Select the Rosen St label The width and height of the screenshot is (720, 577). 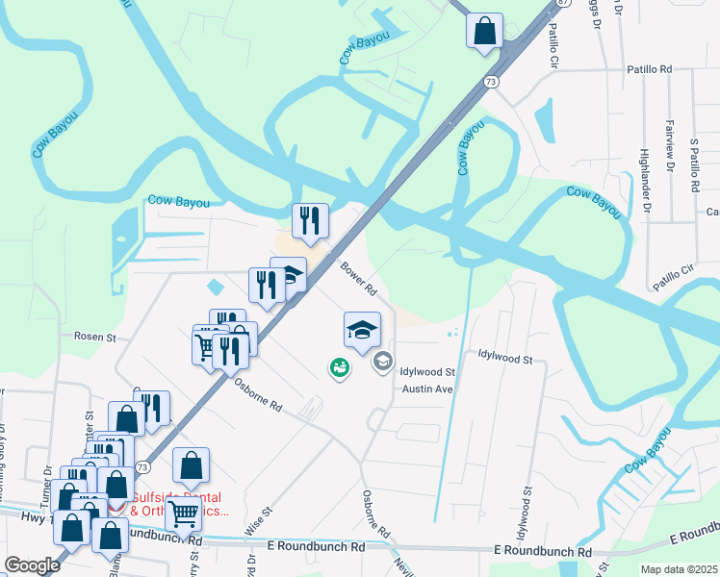(x=95, y=338)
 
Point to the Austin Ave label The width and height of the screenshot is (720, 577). (x=426, y=389)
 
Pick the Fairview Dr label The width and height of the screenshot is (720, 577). (x=669, y=145)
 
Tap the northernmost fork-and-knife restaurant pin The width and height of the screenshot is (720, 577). (x=310, y=221)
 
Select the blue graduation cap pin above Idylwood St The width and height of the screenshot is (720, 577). (x=363, y=330)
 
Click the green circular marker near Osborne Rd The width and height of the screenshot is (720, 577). (x=339, y=367)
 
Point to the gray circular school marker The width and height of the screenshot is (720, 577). (x=382, y=362)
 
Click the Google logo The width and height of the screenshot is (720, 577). (x=32, y=565)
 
